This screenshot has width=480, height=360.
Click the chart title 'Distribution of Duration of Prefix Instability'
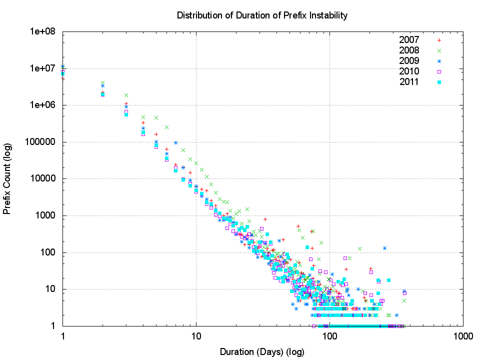click(x=262, y=15)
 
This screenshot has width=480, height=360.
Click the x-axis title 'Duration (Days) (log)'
click(x=262, y=351)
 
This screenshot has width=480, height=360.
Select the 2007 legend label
click(x=409, y=40)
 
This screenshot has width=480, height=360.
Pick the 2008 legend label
click(x=409, y=50)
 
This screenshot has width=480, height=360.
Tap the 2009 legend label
click(x=409, y=61)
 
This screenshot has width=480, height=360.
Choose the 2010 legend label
click(x=409, y=71)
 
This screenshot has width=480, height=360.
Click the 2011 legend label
click(x=409, y=82)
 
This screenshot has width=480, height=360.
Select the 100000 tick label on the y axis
click(x=43, y=142)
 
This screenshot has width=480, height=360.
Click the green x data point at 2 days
click(x=102, y=83)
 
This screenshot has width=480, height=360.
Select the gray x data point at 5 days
click(x=156, y=118)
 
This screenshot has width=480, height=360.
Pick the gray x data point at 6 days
click(x=166, y=127)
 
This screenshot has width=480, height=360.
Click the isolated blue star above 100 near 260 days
click(x=384, y=248)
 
